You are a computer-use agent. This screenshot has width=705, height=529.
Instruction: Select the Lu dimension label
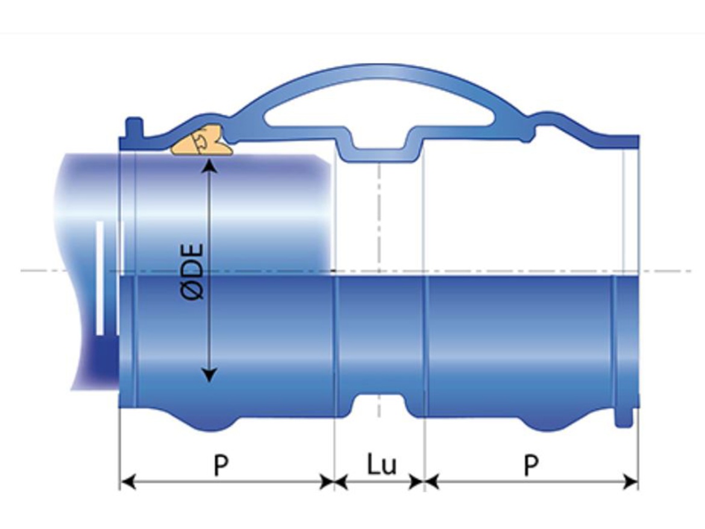coord(381,465)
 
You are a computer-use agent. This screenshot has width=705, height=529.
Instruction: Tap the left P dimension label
coord(221,465)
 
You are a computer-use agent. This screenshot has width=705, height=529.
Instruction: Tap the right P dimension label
coord(530,465)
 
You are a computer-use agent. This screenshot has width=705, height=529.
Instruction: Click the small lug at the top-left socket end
coord(134,127)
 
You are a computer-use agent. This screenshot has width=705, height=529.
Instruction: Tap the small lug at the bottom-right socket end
coord(623,419)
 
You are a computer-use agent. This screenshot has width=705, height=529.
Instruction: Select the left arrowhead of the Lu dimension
coord(341,481)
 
